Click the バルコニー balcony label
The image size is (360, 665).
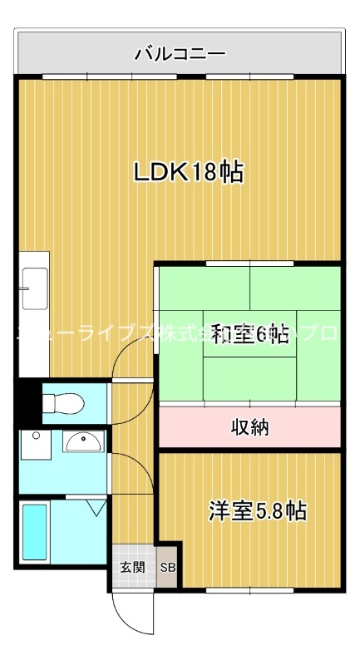click(180, 55)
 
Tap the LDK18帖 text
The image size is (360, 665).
click(189, 172)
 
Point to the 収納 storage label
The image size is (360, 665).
click(249, 427)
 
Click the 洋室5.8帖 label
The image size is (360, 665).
click(257, 510)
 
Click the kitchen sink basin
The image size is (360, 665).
click(34, 288)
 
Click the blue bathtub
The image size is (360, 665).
click(34, 534)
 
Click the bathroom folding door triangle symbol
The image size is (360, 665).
click(91, 504)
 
